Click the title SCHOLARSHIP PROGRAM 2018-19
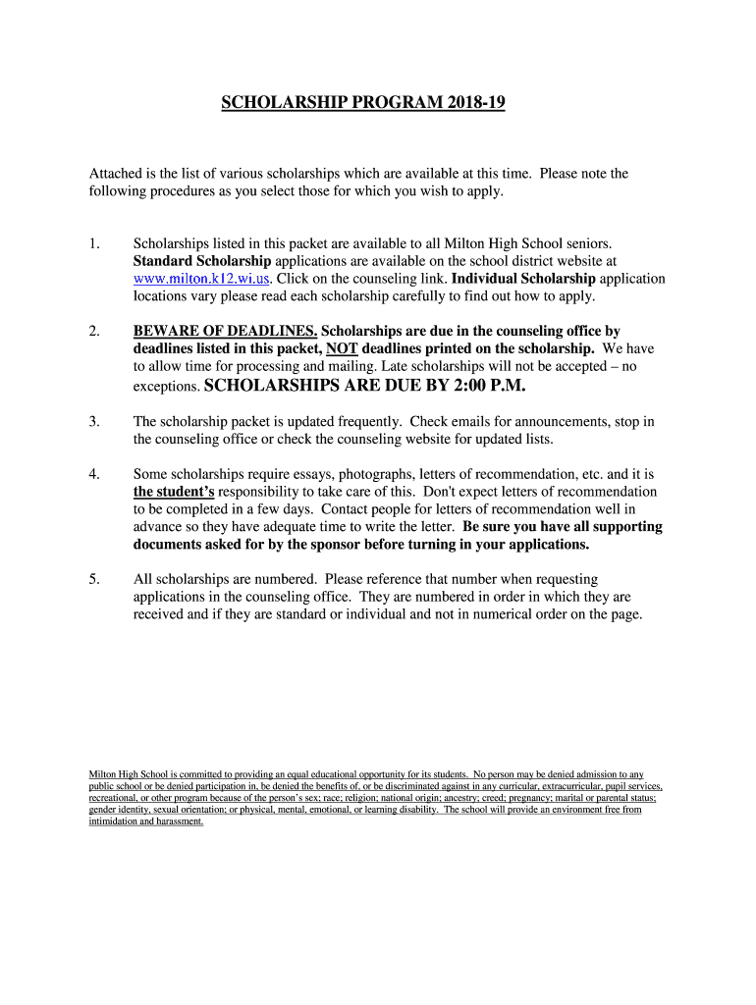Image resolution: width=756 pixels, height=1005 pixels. [x=362, y=102]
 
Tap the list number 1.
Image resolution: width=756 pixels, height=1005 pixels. [x=94, y=241]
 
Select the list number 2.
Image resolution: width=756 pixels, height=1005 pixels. [x=94, y=332]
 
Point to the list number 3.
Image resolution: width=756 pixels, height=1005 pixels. [x=94, y=421]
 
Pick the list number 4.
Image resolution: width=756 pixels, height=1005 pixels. [x=94, y=474]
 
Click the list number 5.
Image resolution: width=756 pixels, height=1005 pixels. [x=94, y=580]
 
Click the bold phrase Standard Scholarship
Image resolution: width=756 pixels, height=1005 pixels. [x=201, y=260]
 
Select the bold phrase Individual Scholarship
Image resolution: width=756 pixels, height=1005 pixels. [x=523, y=278]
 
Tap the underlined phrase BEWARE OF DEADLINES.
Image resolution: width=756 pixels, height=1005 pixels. [x=225, y=332]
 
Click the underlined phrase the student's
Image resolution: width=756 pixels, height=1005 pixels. [x=174, y=492]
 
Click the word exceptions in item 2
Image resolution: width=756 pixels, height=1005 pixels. [x=165, y=388]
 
